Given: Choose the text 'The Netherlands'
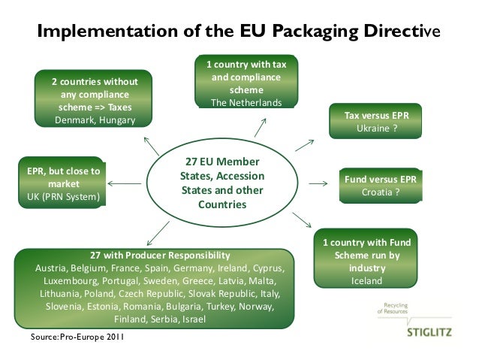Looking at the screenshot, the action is [246, 103].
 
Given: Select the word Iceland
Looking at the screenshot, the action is [366, 281].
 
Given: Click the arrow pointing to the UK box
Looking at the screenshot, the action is [125, 182].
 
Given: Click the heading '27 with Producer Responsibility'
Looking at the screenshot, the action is [160, 255].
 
